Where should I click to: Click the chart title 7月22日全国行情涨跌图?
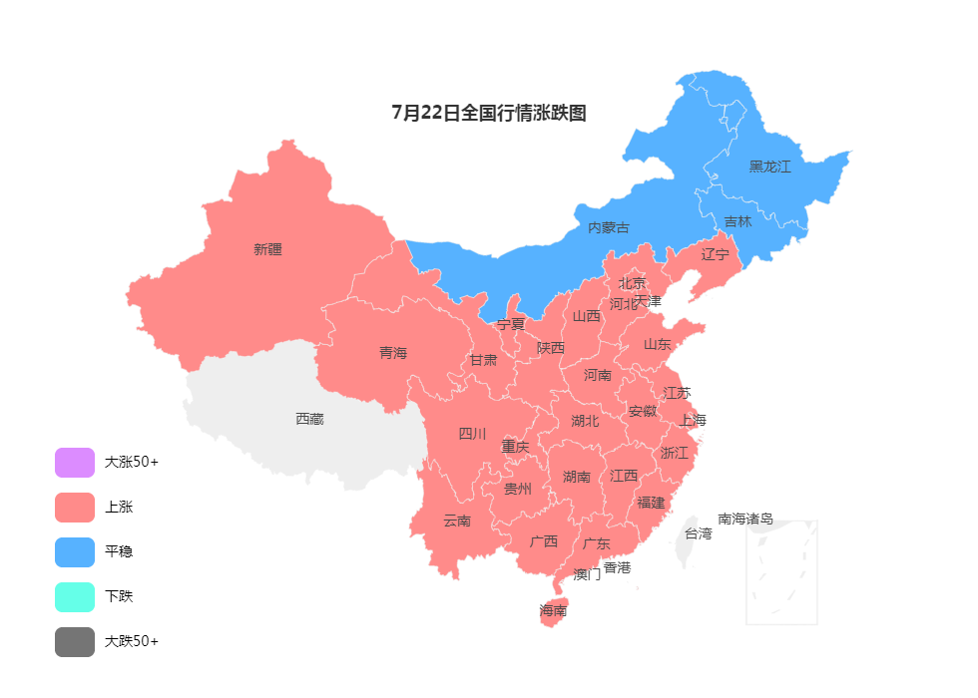(489, 113)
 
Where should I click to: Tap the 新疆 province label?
(267, 249)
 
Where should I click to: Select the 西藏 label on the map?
(309, 419)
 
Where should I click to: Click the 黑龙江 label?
(769, 167)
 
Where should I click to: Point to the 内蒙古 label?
(608, 227)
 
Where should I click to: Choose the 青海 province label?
(393, 353)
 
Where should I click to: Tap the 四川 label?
(472, 434)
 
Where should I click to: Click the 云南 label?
(457, 521)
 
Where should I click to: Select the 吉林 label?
(737, 221)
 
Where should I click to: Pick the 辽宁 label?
(715, 254)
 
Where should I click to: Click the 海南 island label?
(553, 610)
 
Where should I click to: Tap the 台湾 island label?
(698, 533)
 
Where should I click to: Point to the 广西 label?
(544, 542)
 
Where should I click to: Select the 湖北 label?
(585, 421)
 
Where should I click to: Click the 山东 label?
(657, 344)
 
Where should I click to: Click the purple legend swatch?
(75, 463)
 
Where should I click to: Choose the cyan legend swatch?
(75, 597)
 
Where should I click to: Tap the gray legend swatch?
(75, 642)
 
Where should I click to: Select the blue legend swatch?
(75, 552)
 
